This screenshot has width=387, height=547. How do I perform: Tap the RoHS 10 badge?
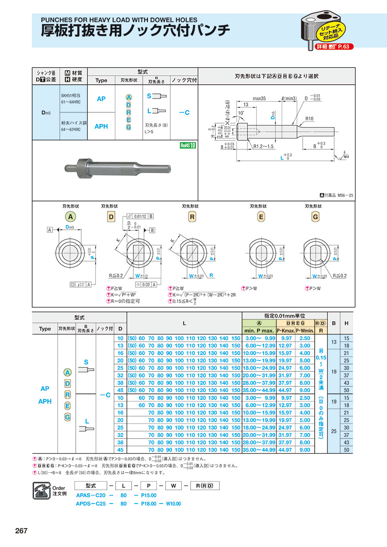187,145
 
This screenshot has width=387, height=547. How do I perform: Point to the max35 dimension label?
259,99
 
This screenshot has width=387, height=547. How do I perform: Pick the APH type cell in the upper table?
101,126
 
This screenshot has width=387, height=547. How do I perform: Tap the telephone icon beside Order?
42,491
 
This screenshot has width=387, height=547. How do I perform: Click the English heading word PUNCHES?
58,20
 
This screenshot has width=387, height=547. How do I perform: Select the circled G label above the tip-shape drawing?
315,217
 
